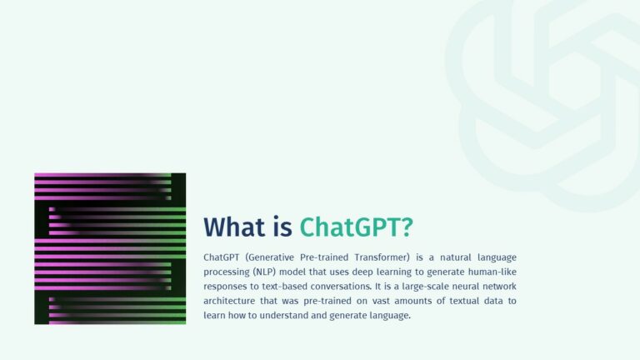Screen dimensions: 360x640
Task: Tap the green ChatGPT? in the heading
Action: point(357,227)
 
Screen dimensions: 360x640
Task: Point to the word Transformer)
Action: point(381,257)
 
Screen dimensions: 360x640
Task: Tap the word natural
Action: point(457,257)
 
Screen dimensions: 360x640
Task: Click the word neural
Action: point(472,287)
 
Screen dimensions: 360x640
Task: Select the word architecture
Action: point(231,301)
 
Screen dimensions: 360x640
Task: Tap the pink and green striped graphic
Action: point(110,248)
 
